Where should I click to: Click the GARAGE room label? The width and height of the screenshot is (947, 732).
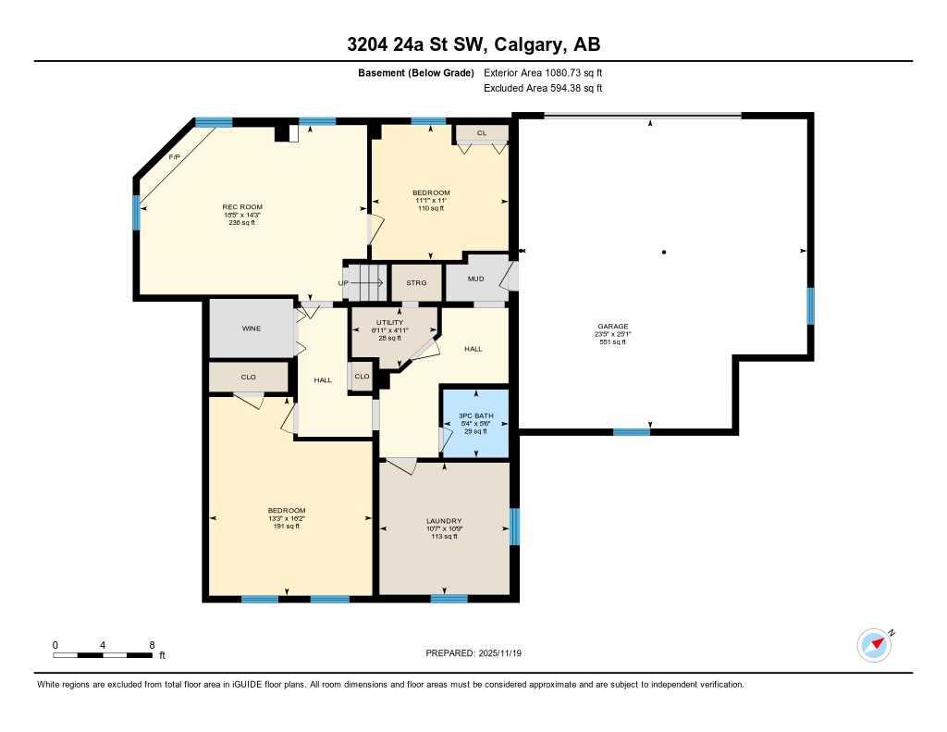[x=612, y=327]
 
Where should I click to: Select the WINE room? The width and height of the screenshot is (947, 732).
[x=251, y=329]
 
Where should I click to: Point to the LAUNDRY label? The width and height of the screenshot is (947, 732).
[x=444, y=521]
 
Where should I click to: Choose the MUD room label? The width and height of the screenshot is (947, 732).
[x=475, y=278]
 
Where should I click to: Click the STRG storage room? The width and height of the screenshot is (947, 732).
[x=416, y=282]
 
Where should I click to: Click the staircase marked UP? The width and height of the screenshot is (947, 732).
[x=363, y=282]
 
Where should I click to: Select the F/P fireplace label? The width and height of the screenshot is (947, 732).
[x=174, y=157]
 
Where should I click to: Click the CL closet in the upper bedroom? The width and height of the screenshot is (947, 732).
[x=481, y=133]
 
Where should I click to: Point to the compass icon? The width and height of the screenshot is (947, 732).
[x=874, y=645]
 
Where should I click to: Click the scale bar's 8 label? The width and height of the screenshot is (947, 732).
[x=151, y=644]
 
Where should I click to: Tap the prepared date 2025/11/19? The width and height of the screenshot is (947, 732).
[x=506, y=653]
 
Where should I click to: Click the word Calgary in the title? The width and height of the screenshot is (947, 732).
[x=523, y=44]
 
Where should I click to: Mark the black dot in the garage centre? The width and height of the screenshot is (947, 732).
[x=664, y=252]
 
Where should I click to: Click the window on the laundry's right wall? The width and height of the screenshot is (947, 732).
[x=515, y=527]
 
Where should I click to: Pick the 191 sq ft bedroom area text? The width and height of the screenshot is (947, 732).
[x=287, y=527]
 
